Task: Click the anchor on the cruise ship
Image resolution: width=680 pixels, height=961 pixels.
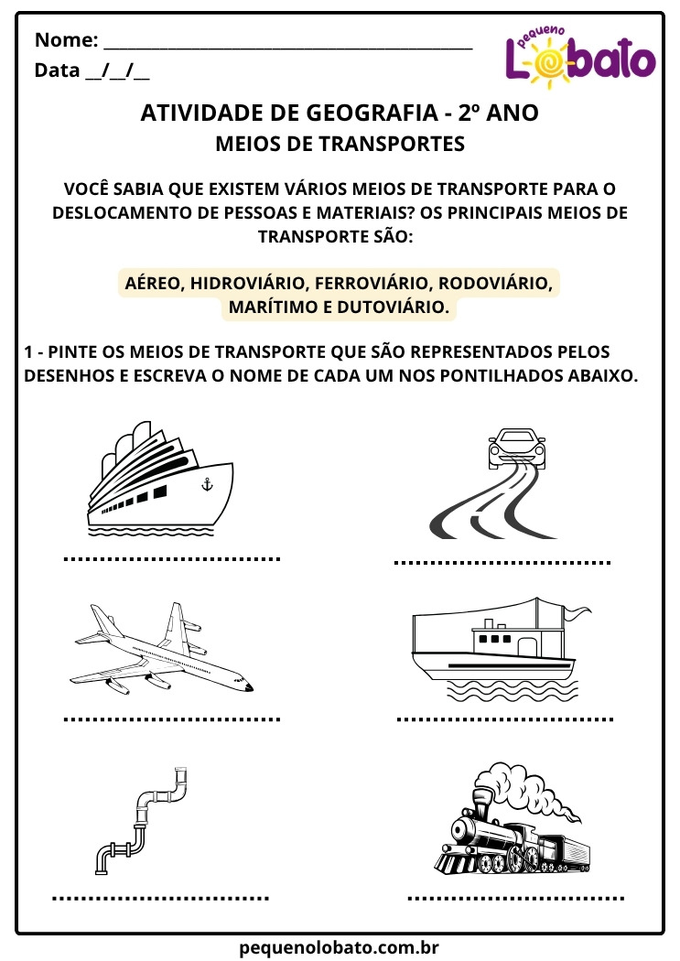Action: point(207,483)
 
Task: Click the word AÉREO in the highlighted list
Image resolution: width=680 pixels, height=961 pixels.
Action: point(153,284)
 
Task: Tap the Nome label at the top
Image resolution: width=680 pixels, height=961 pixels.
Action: point(66,40)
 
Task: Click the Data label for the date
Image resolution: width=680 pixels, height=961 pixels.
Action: point(56,70)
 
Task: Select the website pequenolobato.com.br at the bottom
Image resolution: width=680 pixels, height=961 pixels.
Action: point(340,947)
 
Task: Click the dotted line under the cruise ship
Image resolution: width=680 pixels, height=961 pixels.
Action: point(172,558)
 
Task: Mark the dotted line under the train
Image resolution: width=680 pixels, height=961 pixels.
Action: point(516,899)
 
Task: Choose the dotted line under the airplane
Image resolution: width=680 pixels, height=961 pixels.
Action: point(172,719)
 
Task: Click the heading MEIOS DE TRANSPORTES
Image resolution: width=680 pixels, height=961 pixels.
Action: point(340,144)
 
